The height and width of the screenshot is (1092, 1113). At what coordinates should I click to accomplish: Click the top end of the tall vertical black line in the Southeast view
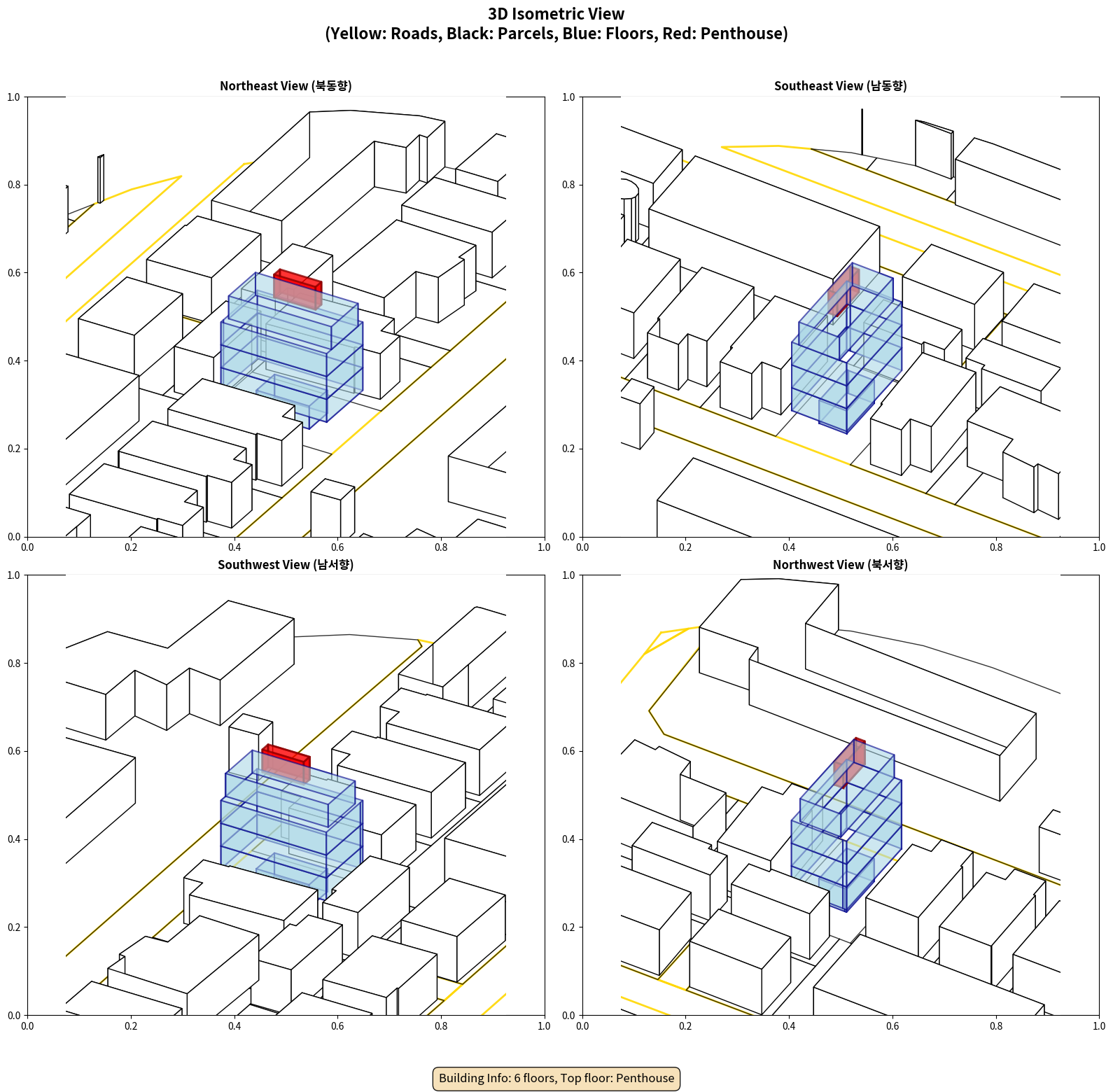click(x=862, y=109)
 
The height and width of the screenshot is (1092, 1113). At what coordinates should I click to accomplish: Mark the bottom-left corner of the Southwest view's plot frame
click(x=27, y=1015)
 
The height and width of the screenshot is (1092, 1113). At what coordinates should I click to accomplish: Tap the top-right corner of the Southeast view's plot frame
click(x=1099, y=97)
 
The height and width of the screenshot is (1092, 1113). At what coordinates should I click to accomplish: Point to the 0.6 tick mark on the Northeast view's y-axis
click(x=25, y=273)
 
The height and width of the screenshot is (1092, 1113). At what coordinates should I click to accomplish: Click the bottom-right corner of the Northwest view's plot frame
click(x=1099, y=1015)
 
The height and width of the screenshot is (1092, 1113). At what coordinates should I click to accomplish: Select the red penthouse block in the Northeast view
click(x=297, y=288)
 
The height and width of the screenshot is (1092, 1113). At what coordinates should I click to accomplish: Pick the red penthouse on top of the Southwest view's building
click(x=286, y=763)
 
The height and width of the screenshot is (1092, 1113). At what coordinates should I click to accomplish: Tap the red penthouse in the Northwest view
click(x=850, y=762)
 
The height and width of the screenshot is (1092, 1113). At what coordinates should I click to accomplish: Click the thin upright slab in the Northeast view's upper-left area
click(x=101, y=178)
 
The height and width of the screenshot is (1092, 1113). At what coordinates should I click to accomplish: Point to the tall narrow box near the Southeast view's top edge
click(x=934, y=149)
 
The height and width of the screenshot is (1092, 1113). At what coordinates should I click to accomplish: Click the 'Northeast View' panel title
click(x=286, y=86)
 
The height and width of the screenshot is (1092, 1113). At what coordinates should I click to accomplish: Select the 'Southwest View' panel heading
click(x=286, y=565)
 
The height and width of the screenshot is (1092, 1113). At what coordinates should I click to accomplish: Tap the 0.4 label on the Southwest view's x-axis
click(x=234, y=1026)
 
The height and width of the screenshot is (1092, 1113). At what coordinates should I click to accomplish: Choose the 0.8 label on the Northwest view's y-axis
click(x=568, y=664)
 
